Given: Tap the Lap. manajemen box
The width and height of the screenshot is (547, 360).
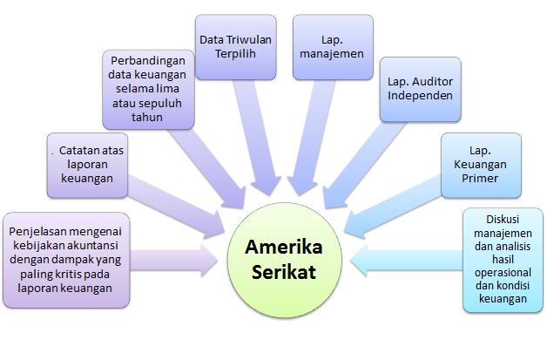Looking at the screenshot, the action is [332, 48].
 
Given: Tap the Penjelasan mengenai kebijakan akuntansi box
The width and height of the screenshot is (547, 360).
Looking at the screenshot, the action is [69, 259].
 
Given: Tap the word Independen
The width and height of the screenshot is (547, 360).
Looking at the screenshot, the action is [421, 95].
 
